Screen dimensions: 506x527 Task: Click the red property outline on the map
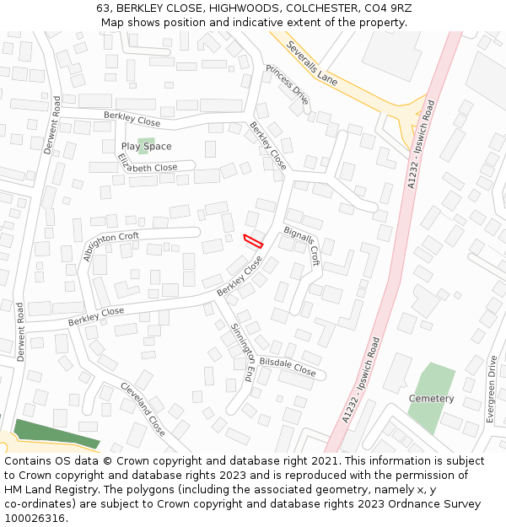pyautogui.click(x=253, y=240)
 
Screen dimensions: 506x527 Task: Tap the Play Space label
pyautogui.click(x=146, y=147)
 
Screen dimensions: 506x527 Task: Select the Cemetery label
pyautogui.click(x=431, y=398)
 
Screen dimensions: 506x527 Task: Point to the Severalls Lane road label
pyautogui.click(x=311, y=63)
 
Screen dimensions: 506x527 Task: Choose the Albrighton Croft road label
pyautogui.click(x=111, y=246)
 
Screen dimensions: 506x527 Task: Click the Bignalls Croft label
pyautogui.click(x=303, y=244)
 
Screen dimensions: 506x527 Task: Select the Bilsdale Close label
pyautogui.click(x=287, y=367)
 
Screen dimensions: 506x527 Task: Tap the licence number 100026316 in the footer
pyautogui.click(x=34, y=519)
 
